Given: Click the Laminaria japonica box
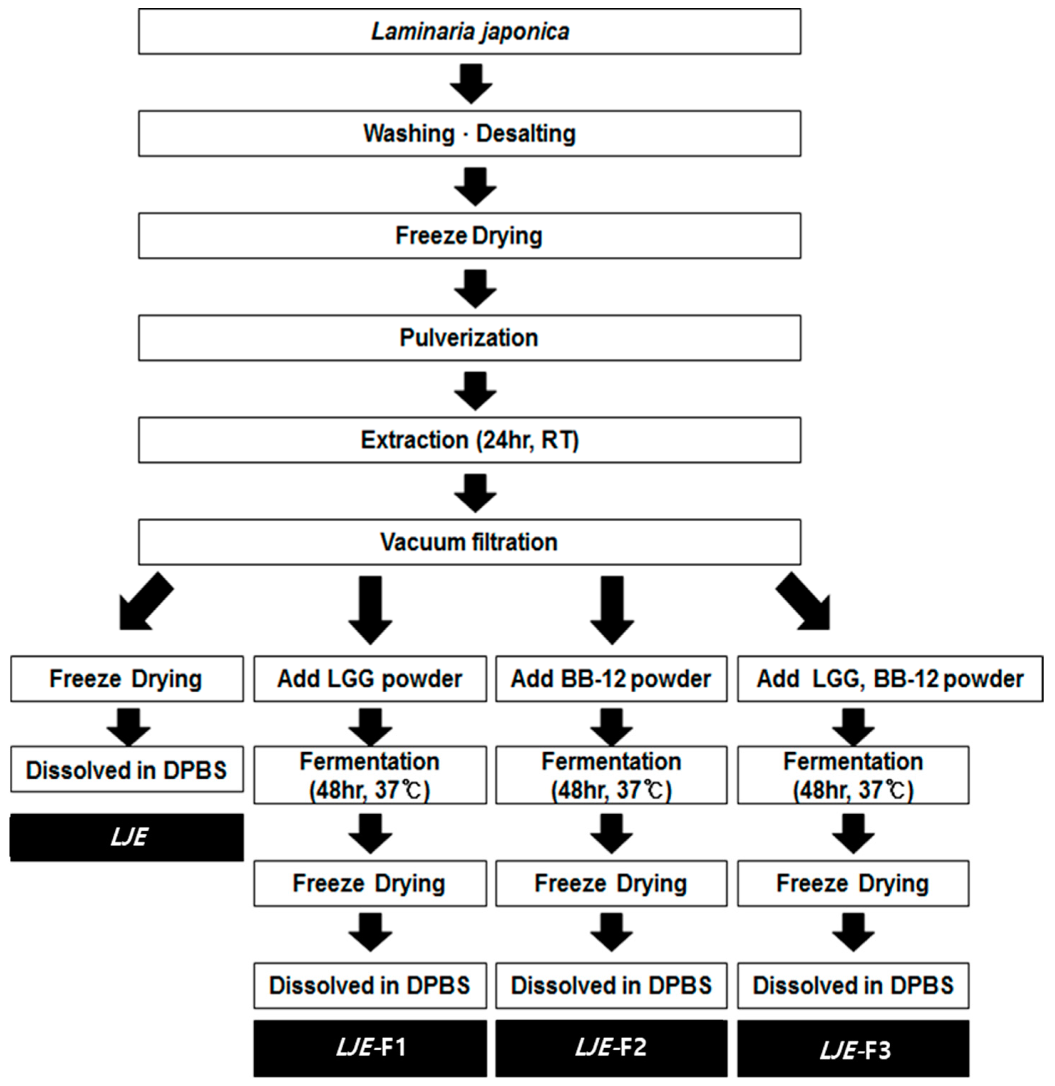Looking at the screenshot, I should pos(469,32).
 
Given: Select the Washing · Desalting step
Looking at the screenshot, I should pos(469,134).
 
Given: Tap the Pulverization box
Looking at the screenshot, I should pos(469,338).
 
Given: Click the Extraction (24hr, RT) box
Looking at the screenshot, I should pos(469,440).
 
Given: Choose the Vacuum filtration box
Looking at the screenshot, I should pos(469,542).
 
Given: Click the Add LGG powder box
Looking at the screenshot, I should pos(370,679).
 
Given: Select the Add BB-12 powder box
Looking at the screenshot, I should pos(611,679).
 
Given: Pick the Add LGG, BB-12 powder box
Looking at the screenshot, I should pos(890,679).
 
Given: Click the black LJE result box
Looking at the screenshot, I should pos(127,837).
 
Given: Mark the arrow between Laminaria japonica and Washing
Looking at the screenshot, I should pos(471,83).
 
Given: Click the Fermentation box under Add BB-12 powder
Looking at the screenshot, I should pos(611,775).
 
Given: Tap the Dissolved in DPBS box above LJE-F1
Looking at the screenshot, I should pos(370,986).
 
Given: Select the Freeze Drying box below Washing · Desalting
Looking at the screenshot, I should pos(469,235).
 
